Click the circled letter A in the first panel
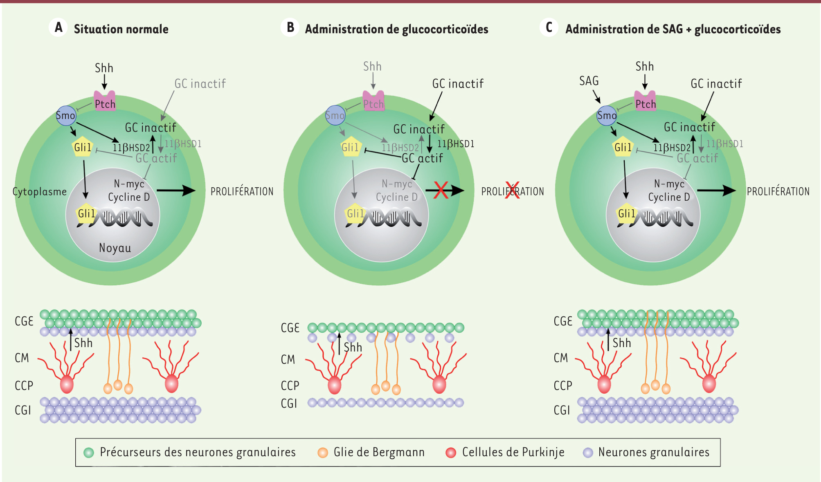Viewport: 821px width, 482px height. (x=58, y=27)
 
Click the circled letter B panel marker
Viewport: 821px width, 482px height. (x=290, y=27)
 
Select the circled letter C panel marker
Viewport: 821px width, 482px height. (x=549, y=27)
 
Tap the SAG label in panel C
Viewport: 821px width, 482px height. (x=589, y=81)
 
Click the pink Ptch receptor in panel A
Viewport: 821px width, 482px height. (x=105, y=101)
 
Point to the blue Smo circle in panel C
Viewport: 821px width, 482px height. (x=607, y=115)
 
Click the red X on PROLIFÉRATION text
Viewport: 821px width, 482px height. (x=512, y=190)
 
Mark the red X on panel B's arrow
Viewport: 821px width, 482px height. (x=441, y=190)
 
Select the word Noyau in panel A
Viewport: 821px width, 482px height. (x=115, y=248)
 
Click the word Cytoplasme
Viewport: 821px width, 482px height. (x=40, y=192)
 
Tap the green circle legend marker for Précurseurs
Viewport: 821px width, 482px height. (x=89, y=452)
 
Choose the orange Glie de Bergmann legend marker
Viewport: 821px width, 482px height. (x=323, y=452)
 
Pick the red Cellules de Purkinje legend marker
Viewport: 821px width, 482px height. (x=451, y=452)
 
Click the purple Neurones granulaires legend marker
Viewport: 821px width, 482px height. (x=588, y=452)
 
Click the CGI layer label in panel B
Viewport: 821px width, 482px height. (x=289, y=404)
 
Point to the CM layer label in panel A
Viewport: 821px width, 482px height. (x=22, y=358)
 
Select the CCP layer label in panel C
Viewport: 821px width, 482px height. (x=563, y=386)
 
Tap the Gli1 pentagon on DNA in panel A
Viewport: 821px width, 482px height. (x=86, y=214)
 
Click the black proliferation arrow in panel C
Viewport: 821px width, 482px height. (x=716, y=190)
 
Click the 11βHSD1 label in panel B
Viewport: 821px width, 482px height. (x=456, y=144)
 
